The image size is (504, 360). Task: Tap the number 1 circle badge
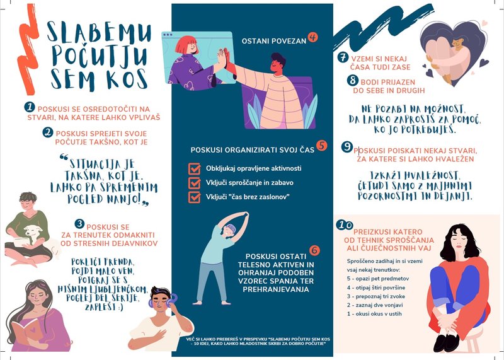pyautogui.click(x=29, y=107)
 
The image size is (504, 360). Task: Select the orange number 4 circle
pyautogui.click(x=312, y=37)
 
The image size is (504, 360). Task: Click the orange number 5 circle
pyautogui.click(x=322, y=146)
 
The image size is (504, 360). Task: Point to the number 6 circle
pyautogui.click(x=314, y=250)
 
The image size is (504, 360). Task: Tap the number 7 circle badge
pyautogui.click(x=343, y=57)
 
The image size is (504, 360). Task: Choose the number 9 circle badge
pyautogui.click(x=346, y=146)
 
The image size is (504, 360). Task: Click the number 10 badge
pyautogui.click(x=345, y=225)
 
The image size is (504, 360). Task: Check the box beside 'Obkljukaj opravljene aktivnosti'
pyautogui.click(x=195, y=168)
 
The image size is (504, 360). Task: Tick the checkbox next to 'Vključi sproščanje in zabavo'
pyautogui.click(x=195, y=183)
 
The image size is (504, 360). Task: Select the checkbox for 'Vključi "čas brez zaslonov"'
pyautogui.click(x=195, y=197)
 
